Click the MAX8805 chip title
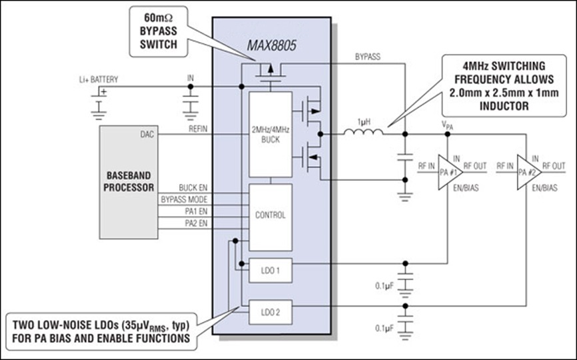pos(271,45)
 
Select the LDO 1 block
pos(271,271)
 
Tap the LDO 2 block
pos(271,312)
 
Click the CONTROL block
pos(271,217)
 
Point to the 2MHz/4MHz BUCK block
pos(271,135)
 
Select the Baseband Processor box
pos(129,182)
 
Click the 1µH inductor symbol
pos(364,132)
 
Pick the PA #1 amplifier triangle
pos(450,172)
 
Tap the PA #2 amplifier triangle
pos(529,172)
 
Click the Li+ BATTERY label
pos(99,79)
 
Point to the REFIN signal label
pos(198,129)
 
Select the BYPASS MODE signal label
pos(185,199)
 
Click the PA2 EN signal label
pos(196,223)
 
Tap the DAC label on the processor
pos(147,135)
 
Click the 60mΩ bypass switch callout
pos(159,31)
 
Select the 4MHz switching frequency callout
pos(504,86)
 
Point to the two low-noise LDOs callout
pos(101,331)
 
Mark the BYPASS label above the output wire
pos(368,57)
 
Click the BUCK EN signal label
pos(193,188)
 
